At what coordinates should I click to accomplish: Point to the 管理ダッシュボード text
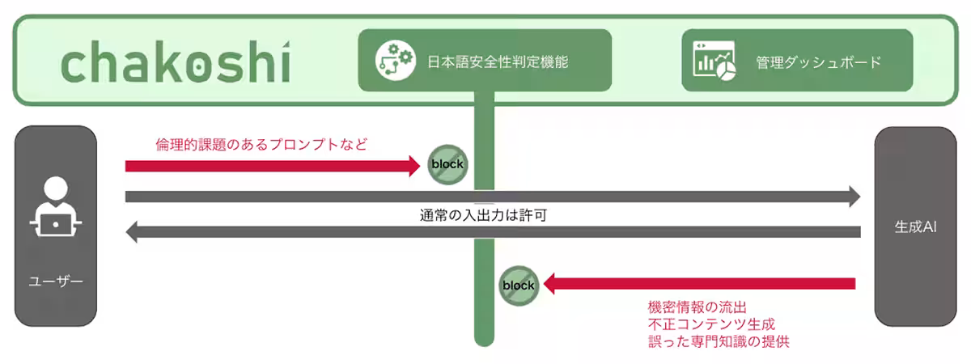click(818, 61)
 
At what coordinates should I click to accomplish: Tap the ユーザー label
click(56, 281)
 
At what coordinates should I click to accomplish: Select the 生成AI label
click(915, 227)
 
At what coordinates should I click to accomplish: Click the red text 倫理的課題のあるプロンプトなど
click(261, 145)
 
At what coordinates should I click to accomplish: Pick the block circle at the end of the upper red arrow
click(447, 165)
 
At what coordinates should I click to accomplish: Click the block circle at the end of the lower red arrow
click(518, 285)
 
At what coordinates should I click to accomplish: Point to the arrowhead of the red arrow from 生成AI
click(549, 284)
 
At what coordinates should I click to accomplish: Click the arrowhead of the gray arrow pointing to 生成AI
click(854, 196)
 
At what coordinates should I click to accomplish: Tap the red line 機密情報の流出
click(702, 307)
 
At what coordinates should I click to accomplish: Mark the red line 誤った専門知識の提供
click(719, 341)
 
